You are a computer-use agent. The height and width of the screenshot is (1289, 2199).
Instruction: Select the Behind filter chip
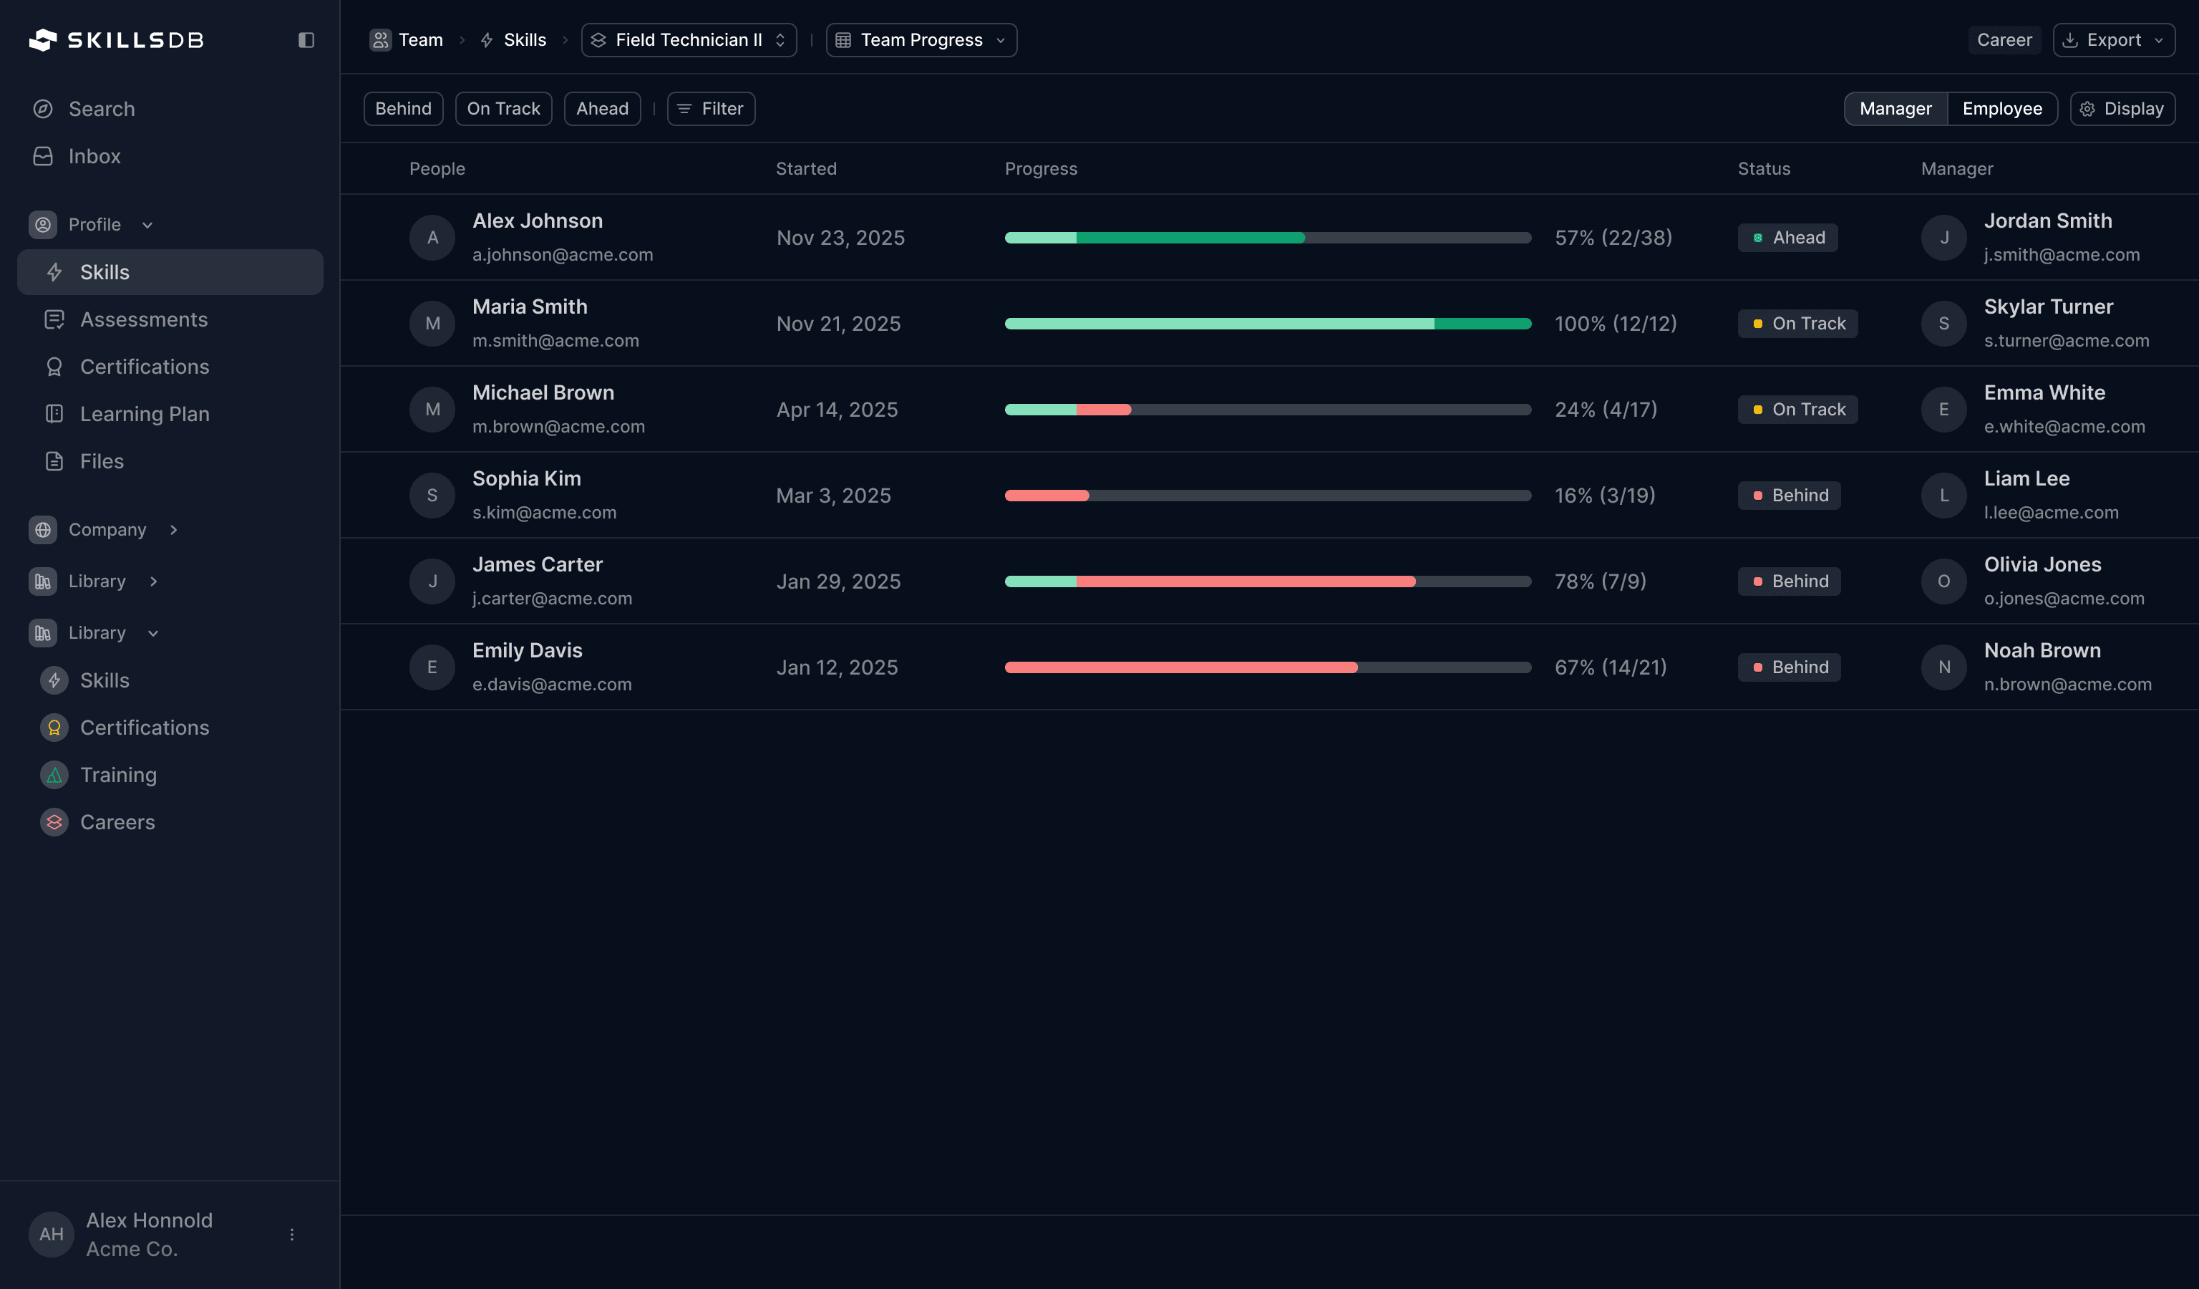403,109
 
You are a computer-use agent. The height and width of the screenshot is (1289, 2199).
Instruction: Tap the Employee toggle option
2001,109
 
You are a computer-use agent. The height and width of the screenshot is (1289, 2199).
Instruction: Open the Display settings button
2122,109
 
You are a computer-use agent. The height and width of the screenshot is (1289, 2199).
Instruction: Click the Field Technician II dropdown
689,40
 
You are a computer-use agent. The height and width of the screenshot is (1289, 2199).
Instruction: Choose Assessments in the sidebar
144,319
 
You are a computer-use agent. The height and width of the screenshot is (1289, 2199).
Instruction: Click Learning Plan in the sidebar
145,414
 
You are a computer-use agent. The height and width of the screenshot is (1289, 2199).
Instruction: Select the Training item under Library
119,775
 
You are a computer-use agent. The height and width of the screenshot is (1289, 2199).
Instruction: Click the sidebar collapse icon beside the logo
306,40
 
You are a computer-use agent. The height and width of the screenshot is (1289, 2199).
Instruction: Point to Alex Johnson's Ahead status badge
1787,237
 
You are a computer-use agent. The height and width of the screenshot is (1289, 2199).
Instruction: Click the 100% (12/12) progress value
1615,324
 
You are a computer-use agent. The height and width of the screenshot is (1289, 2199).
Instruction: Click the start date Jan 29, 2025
838,581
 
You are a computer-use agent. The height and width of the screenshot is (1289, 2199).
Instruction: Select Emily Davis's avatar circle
432,667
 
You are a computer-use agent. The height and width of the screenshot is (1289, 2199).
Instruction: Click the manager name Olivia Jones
2042,564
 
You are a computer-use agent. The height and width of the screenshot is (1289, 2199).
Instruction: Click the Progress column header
1040,168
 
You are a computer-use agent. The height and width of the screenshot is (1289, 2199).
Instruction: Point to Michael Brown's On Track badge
1797,410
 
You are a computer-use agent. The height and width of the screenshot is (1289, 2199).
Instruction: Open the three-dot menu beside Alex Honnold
291,1234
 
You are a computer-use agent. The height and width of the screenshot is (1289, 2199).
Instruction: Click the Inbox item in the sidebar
94,156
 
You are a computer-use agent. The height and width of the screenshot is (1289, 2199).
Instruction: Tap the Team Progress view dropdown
921,40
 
